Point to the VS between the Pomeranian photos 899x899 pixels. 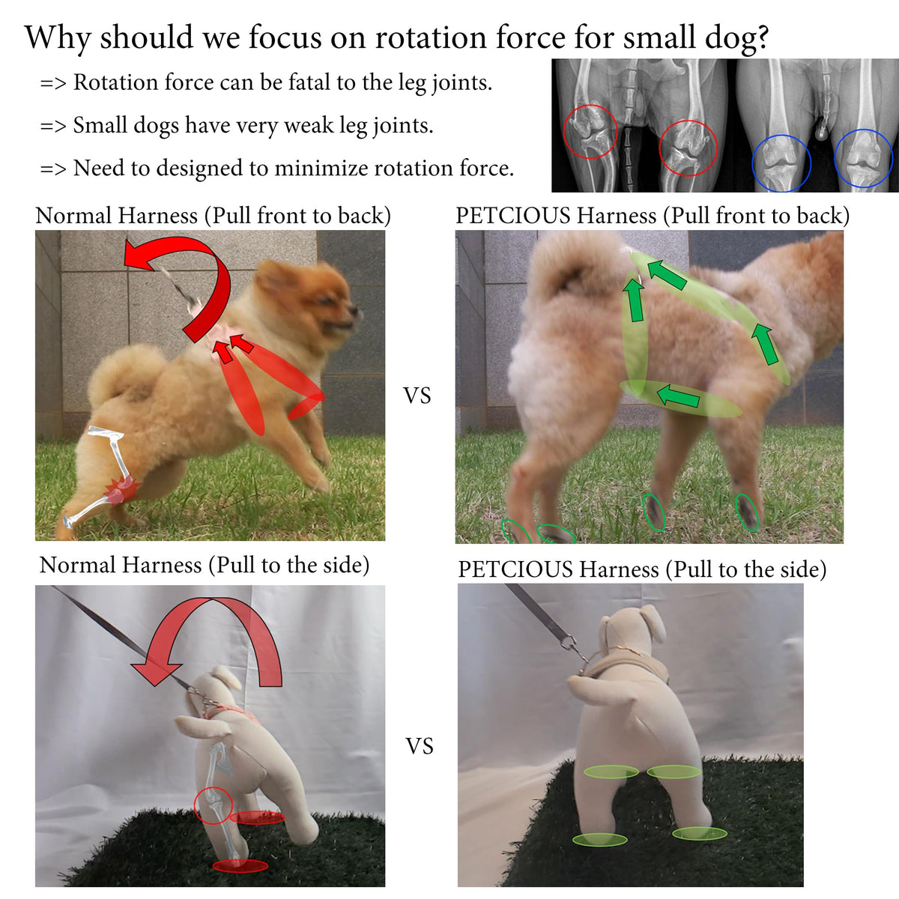coord(417,396)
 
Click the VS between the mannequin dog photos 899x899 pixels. coord(420,745)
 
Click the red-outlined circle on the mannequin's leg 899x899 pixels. coord(213,805)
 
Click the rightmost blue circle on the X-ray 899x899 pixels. coord(863,159)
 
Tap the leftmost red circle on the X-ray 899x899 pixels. coord(590,132)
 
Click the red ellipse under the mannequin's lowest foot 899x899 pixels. coord(240,866)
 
